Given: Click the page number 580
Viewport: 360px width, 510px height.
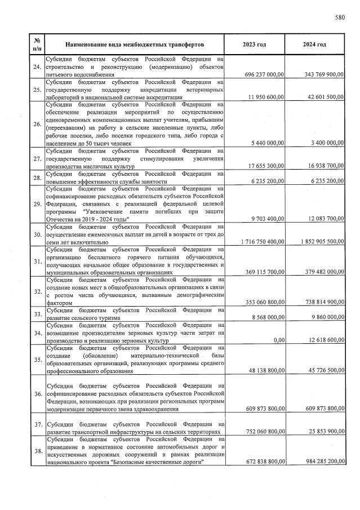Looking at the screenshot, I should (x=339, y=17).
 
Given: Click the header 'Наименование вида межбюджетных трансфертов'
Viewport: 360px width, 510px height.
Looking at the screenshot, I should (x=134, y=44).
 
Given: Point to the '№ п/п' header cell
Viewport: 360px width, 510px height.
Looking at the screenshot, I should (x=37, y=44).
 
